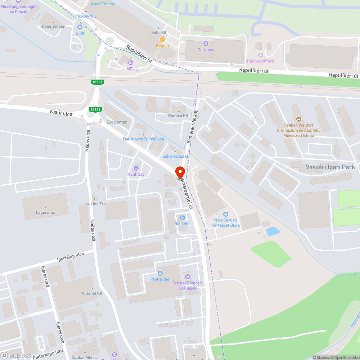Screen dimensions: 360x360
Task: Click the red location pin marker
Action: click(180, 174)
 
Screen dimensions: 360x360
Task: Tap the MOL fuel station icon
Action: click(130, 63)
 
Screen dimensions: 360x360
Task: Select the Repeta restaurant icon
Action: click(162, 40)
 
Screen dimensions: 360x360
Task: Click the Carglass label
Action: click(206, 50)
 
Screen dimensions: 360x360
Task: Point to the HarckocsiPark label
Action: click(260, 61)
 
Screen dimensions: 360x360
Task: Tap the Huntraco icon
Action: click(136, 168)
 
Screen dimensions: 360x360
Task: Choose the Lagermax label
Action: click(45, 212)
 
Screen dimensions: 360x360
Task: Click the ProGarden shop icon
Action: click(160, 273)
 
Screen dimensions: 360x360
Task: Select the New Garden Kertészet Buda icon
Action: click(226, 214)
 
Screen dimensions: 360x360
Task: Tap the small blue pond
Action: click(273, 231)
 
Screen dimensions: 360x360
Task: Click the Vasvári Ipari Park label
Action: click(330, 167)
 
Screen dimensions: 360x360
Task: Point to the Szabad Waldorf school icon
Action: click(298, 119)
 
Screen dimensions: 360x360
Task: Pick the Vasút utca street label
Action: click(61, 113)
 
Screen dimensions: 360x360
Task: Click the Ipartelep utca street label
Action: click(71, 257)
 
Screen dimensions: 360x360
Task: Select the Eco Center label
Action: click(117, 122)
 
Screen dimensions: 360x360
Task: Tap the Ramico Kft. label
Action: click(179, 116)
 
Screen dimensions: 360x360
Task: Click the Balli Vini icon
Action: click(182, 217)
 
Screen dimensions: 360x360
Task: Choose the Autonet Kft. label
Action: click(93, 293)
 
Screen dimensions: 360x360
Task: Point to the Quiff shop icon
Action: click(80, 27)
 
